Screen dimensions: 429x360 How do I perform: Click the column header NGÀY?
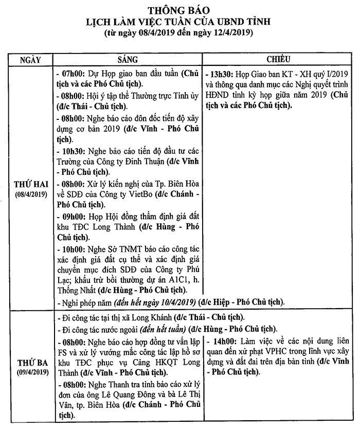(x=30, y=59)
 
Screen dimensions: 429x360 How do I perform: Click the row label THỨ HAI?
(x=31, y=185)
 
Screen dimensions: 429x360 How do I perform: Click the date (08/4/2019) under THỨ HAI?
(x=31, y=194)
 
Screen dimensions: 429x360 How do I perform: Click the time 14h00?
(x=223, y=342)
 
